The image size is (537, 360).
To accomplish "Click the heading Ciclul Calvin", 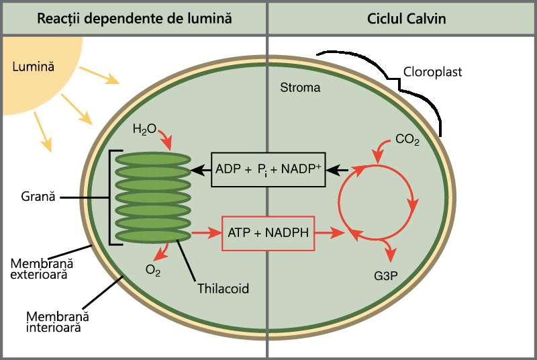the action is (x=406, y=19).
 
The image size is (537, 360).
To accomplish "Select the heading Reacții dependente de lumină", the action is (x=134, y=19).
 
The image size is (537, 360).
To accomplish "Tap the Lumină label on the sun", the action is (x=33, y=66).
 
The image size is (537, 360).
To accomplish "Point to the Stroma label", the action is (x=300, y=88).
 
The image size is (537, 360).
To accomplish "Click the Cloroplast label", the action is (x=432, y=72).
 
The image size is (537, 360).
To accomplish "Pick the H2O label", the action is (x=144, y=129).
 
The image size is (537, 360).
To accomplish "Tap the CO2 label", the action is (x=407, y=140).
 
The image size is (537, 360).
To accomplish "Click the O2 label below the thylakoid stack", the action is (x=153, y=270).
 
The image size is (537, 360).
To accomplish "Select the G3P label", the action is (x=385, y=276).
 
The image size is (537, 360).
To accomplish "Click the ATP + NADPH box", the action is (x=268, y=233).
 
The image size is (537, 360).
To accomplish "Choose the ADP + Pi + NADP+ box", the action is (x=268, y=169).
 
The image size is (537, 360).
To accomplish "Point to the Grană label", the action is (x=38, y=197).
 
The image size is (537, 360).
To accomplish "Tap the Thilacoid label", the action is (x=223, y=288).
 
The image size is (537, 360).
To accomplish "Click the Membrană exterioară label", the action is (x=42, y=269).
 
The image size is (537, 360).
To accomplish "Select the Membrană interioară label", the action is (x=57, y=322).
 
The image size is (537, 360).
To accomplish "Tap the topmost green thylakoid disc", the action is (x=153, y=159).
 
